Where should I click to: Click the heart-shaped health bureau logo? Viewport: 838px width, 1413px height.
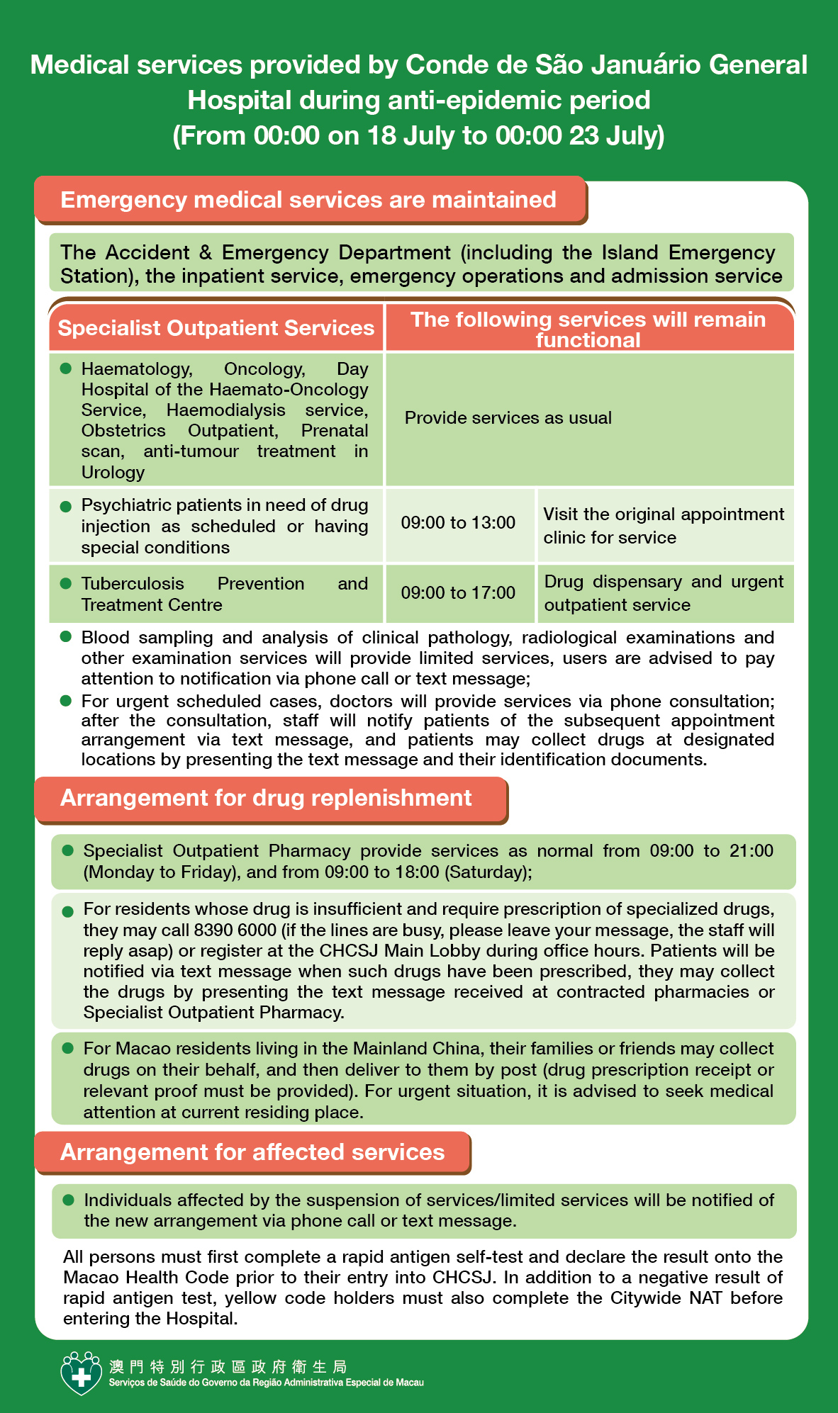click(82, 1373)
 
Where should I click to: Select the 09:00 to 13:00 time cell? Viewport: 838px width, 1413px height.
click(458, 523)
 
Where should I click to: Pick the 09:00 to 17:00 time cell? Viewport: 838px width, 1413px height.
click(458, 592)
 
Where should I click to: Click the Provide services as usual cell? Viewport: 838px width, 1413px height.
click(508, 418)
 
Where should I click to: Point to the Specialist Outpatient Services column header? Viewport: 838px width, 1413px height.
click(216, 328)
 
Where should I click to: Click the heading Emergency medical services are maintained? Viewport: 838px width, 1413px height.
click(308, 200)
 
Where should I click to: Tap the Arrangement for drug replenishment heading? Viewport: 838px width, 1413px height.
click(266, 798)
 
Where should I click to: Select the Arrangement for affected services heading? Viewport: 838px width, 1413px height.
click(252, 1152)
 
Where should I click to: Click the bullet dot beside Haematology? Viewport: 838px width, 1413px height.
click(66, 368)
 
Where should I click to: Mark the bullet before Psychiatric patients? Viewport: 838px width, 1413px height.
click(66, 506)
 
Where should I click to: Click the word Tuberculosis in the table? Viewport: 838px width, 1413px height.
click(133, 584)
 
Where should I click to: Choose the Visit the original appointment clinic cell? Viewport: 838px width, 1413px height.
click(664, 525)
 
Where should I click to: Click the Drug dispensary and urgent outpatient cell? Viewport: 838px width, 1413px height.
click(664, 592)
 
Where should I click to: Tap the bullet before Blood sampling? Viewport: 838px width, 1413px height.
click(66, 637)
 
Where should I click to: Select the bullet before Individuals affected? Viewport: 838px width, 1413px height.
click(69, 1200)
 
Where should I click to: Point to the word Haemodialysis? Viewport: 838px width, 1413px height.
click(225, 410)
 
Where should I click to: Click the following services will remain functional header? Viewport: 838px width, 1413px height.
click(588, 329)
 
